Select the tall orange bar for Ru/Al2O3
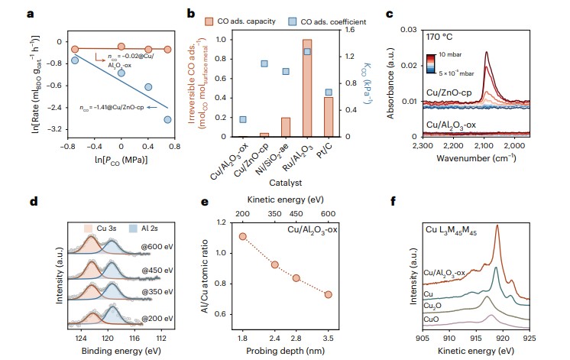[307, 88]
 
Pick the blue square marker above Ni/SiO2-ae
[285, 72]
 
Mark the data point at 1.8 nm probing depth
[243, 237]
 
